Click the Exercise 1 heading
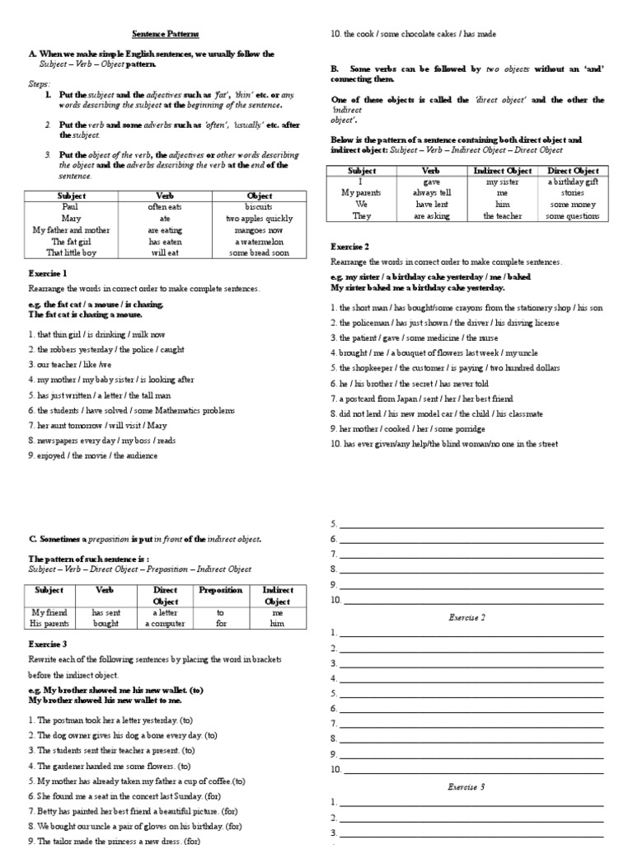click(48, 273)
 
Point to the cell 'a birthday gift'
click(573, 182)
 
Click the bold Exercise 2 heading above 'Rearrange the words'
click(349, 246)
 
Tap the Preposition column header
click(220, 590)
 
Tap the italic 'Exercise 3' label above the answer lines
click(467, 786)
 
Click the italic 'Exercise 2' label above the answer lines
click(467, 617)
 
